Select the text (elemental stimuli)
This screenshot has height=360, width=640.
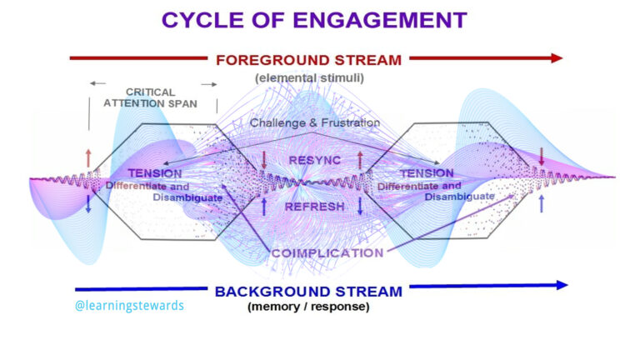[x=309, y=77]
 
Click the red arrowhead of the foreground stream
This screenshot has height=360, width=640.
[x=556, y=58]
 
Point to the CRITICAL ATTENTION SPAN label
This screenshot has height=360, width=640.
[x=151, y=97]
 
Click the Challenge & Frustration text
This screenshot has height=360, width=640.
[x=315, y=122]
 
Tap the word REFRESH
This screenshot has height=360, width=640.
[x=312, y=206]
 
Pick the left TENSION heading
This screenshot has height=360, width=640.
[x=155, y=172]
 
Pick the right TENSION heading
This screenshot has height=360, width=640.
[x=427, y=172]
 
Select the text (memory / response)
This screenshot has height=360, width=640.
[x=307, y=307]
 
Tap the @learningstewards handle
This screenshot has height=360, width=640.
[x=129, y=306]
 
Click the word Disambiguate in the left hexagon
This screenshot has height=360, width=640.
[x=187, y=197]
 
